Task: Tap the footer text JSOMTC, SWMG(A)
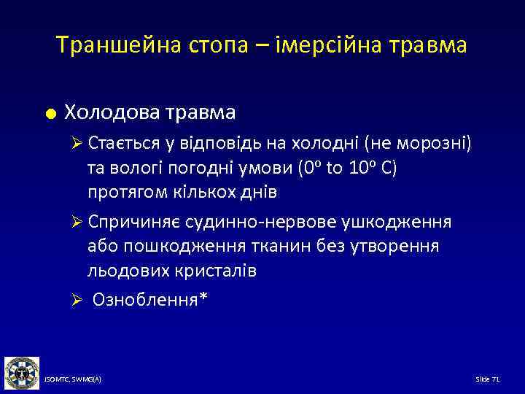tap(73, 379)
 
